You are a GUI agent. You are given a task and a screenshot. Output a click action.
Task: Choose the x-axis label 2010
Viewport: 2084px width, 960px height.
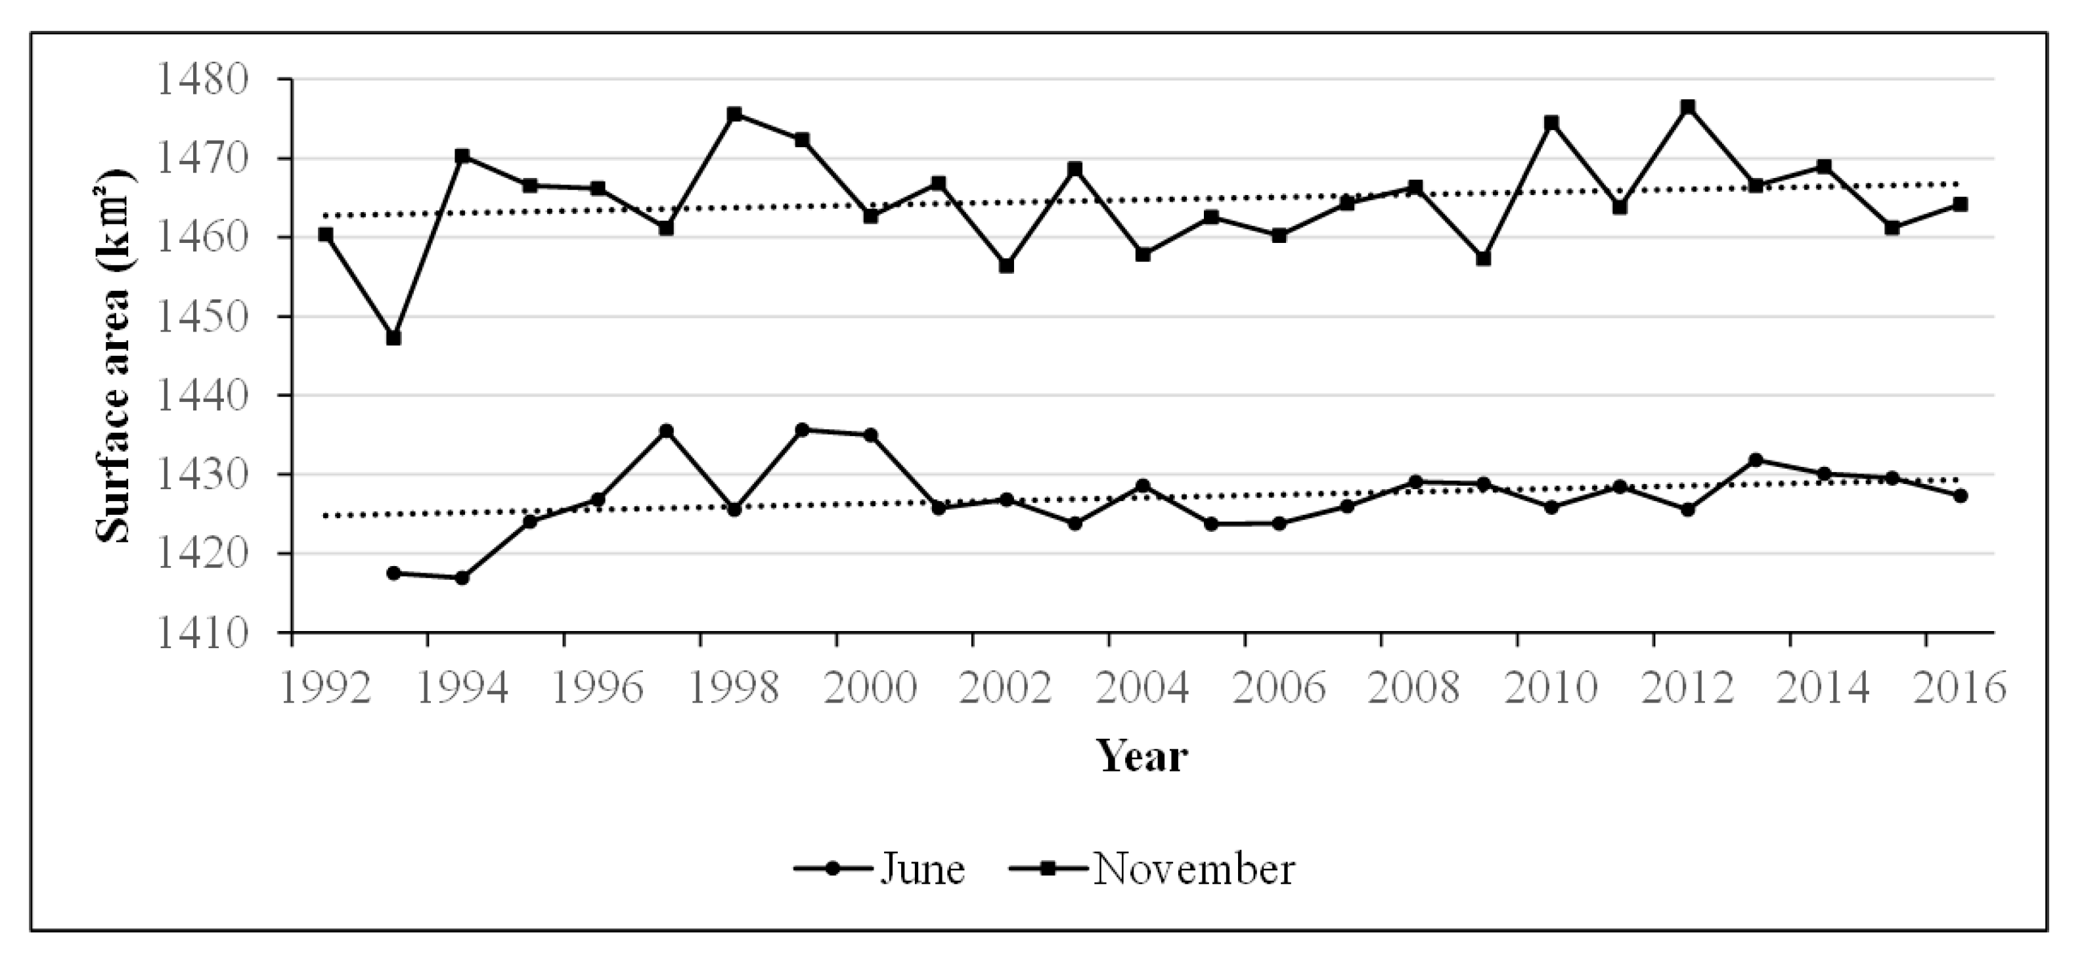pyautogui.click(x=1552, y=687)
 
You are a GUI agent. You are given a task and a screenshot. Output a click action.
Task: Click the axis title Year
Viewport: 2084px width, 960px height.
pyautogui.click(x=1142, y=757)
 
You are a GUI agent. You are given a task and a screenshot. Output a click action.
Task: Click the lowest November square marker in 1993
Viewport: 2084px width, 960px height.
pyautogui.click(x=394, y=338)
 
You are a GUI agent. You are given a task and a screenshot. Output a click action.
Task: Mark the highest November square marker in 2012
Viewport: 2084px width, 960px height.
pyautogui.click(x=1687, y=108)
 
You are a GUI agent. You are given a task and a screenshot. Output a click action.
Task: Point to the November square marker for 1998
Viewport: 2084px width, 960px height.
pyautogui.click(x=734, y=115)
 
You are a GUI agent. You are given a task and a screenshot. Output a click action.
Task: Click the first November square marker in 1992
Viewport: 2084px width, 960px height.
pyautogui.click(x=326, y=234)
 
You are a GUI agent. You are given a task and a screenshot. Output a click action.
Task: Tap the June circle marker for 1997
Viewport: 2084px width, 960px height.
pyautogui.click(x=667, y=431)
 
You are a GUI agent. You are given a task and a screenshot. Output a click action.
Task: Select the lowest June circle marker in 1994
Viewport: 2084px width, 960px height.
pyautogui.click(x=462, y=577)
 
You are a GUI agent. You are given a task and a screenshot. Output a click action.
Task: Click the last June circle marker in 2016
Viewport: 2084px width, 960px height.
pyautogui.click(x=1961, y=495)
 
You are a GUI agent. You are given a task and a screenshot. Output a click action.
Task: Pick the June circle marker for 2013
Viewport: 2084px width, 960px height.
pyautogui.click(x=1756, y=460)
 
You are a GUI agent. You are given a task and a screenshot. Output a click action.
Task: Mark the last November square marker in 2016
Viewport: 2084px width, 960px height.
pyautogui.click(x=1961, y=205)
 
